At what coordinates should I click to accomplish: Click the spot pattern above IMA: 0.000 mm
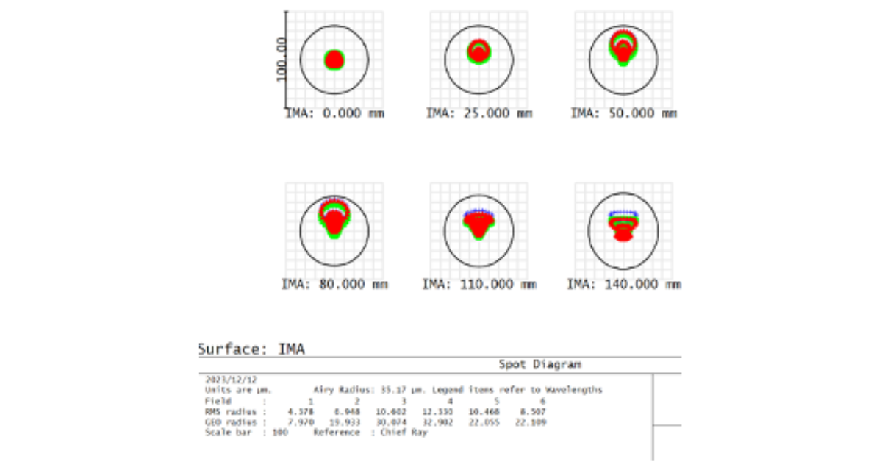tap(334, 60)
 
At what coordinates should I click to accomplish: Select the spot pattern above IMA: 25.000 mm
tap(479, 51)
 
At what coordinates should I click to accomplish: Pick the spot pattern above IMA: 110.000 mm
tap(478, 224)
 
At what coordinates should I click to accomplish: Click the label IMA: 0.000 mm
tap(334, 113)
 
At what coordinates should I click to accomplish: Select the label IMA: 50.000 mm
tap(624, 113)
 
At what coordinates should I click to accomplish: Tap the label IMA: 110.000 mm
tap(478, 284)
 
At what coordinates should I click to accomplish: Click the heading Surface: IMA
tap(251, 349)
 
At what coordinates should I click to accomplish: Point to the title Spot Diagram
tap(540, 364)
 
